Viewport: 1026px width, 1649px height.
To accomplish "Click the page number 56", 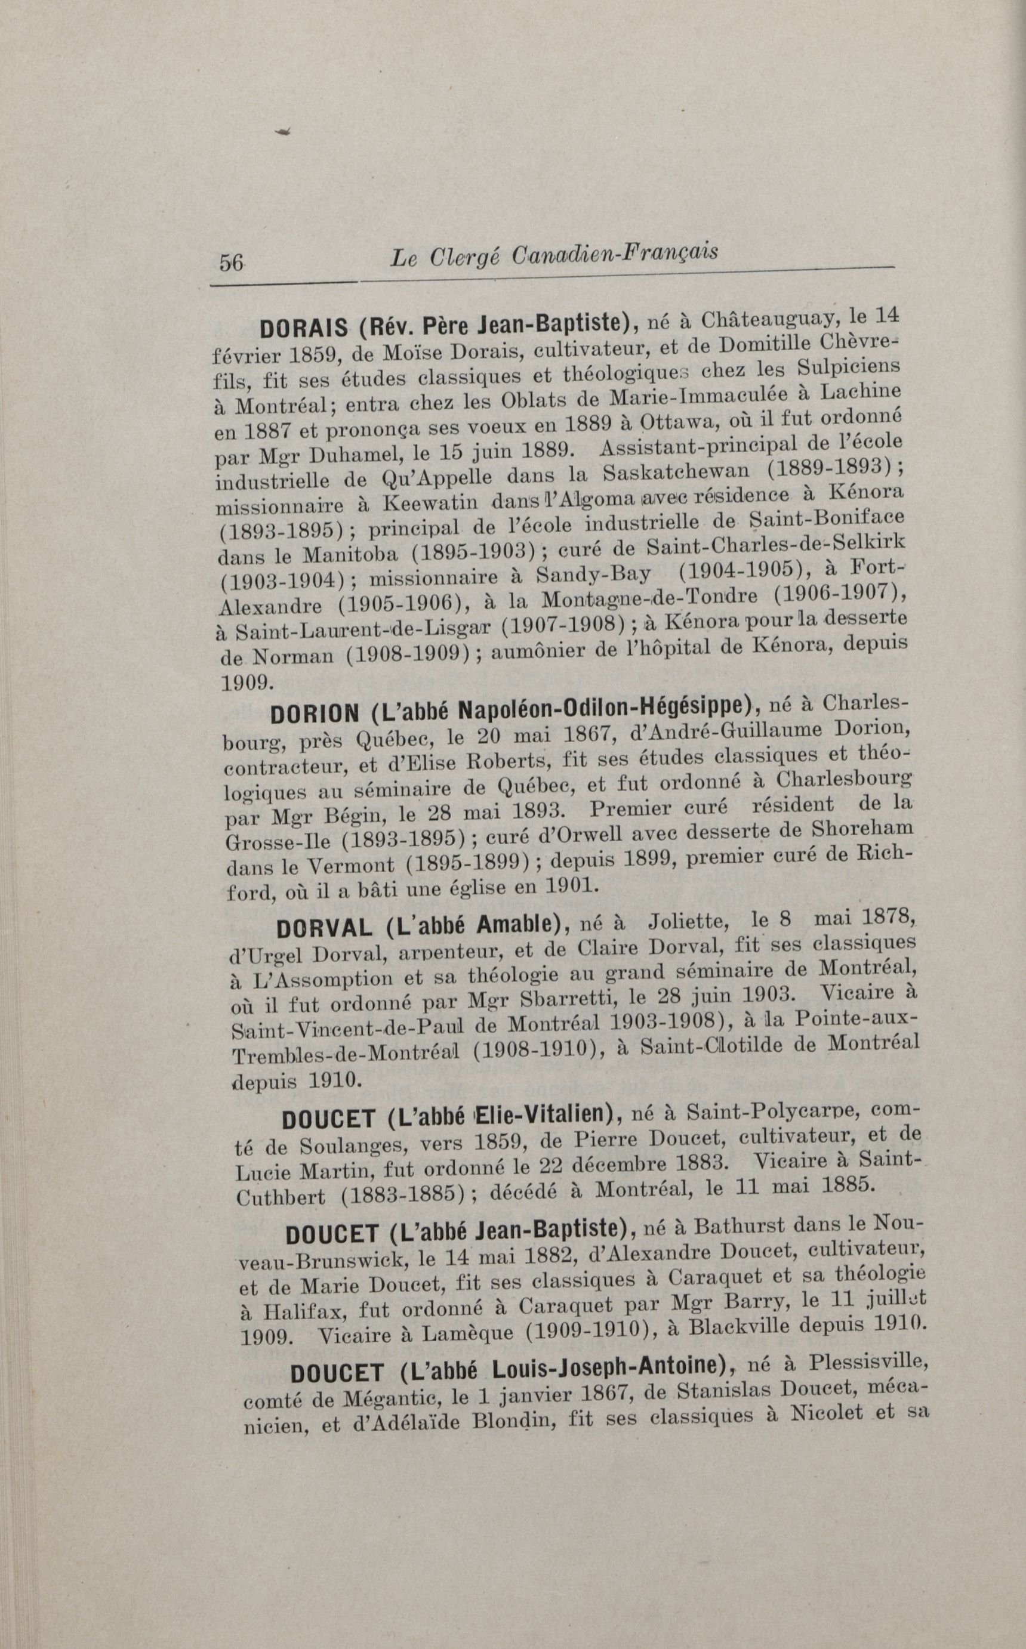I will (231, 263).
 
